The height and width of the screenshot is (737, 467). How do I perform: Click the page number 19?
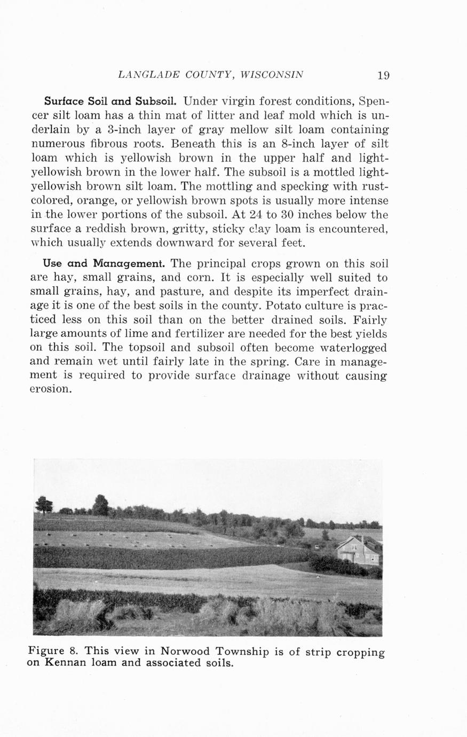click(383, 75)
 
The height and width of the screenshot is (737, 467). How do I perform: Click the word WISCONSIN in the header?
click(272, 75)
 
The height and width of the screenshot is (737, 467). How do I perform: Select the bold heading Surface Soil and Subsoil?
click(111, 101)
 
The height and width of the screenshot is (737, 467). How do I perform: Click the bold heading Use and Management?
click(104, 263)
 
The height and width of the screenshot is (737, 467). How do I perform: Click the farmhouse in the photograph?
click(359, 551)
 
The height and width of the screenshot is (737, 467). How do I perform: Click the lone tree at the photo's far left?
click(44, 504)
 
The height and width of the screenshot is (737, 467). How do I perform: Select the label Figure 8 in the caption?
click(53, 652)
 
